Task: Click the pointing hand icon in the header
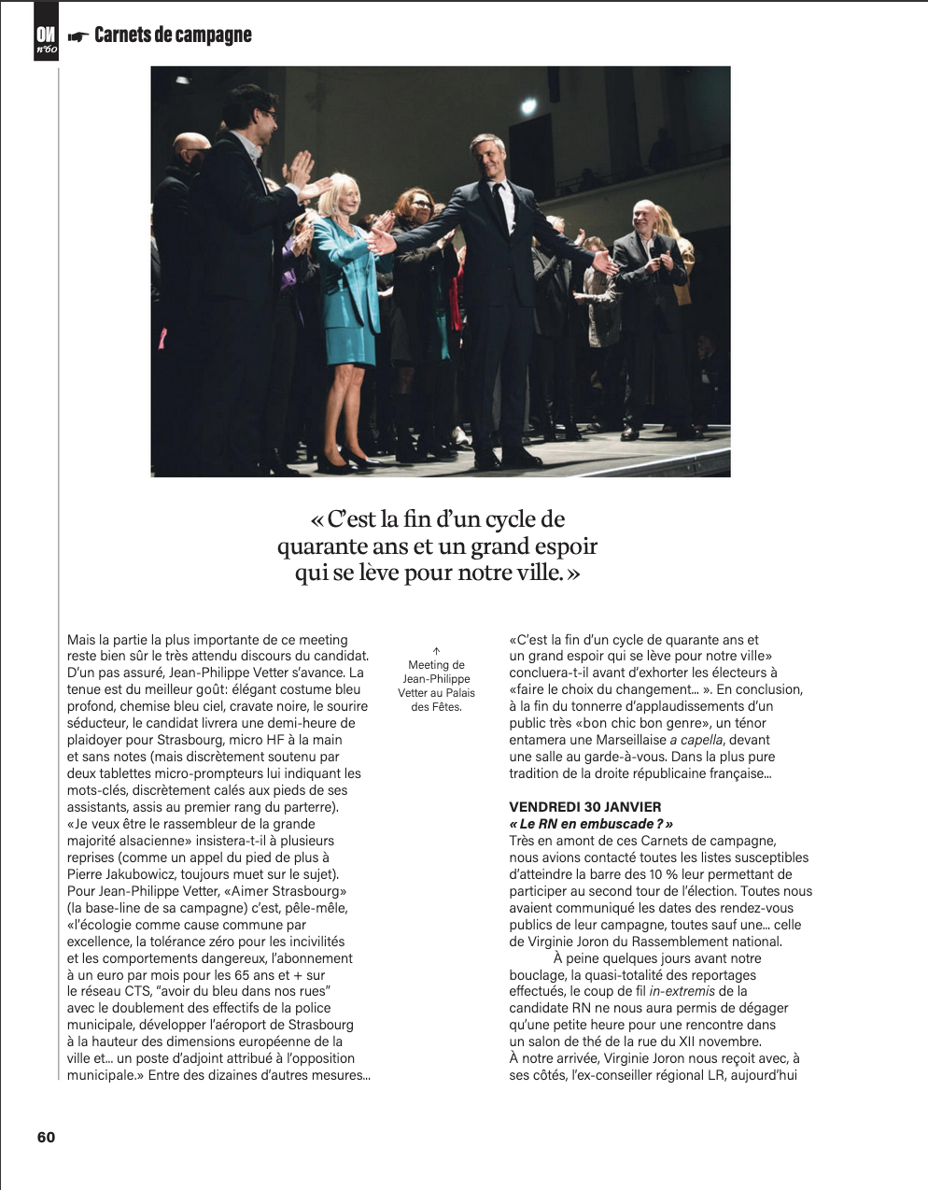[78, 36]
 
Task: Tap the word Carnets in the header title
[122, 35]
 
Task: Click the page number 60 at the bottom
[46, 1137]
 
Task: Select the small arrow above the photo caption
[436, 651]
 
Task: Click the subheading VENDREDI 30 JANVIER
[584, 807]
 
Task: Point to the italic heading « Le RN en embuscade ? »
[591, 824]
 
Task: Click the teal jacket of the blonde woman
[345, 280]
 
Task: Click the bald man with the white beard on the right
[643, 220]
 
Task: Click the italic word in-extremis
[682, 991]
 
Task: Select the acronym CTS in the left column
[137, 991]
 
